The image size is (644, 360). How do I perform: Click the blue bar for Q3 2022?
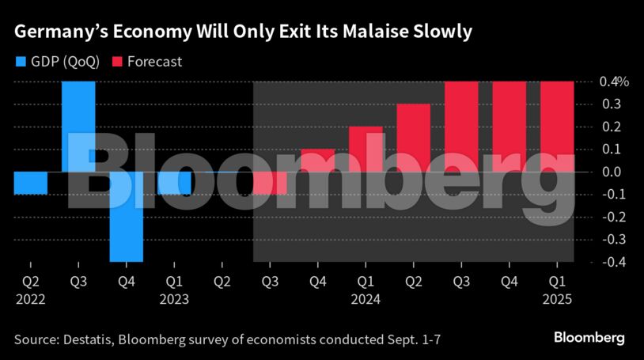[x=78, y=127]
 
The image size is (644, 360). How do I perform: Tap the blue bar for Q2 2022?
[x=31, y=183]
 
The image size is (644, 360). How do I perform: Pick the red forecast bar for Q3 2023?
[x=270, y=183]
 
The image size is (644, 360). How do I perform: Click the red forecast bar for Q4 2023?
[x=317, y=160]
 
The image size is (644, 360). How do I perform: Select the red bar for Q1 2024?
[x=366, y=149]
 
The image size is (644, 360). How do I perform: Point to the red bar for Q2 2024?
[x=413, y=138]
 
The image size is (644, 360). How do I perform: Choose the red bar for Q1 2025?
[x=557, y=127]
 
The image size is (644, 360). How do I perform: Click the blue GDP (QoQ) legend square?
[x=21, y=61]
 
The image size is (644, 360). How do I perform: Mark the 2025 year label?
[x=557, y=300]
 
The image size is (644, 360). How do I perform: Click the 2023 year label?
[x=174, y=300]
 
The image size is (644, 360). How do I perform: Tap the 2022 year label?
[x=30, y=300]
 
